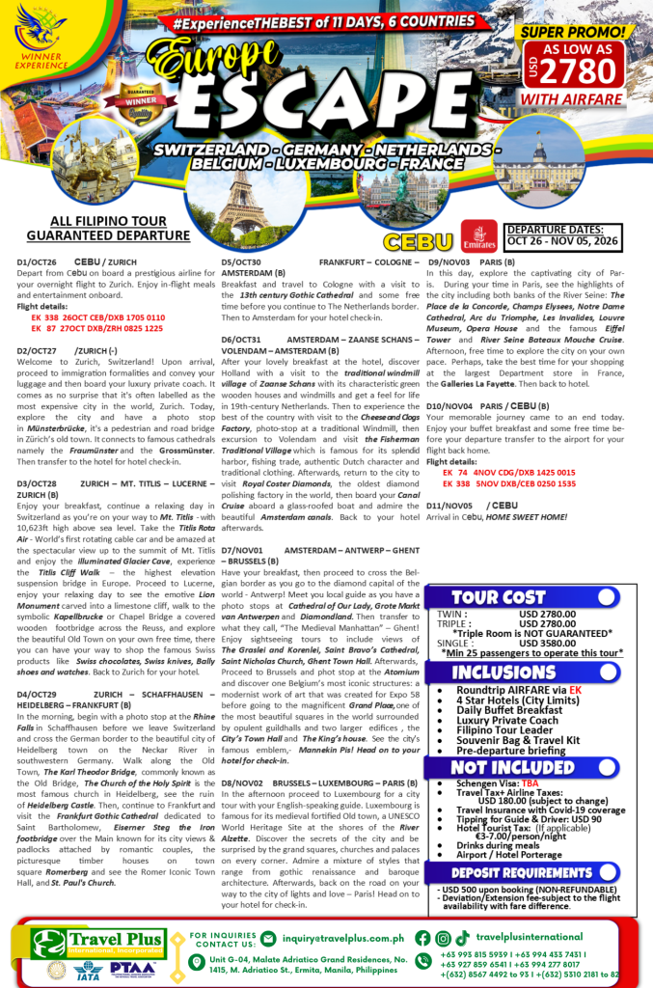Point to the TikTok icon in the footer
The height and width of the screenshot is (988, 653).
(x=463, y=937)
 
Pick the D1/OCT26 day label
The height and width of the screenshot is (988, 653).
(x=37, y=262)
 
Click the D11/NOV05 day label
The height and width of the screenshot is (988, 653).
(x=450, y=505)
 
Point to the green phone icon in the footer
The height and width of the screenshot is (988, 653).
(x=422, y=966)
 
